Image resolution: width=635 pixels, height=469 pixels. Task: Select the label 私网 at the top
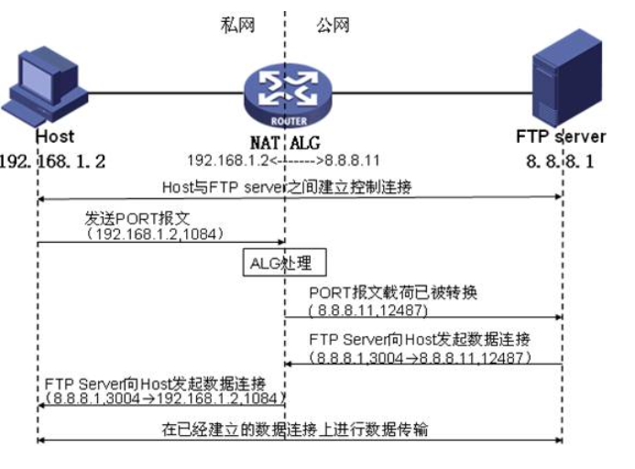pos(235,25)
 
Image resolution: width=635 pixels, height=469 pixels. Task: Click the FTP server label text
pos(560,137)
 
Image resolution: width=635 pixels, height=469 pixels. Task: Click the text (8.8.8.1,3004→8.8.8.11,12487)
pos(422,354)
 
